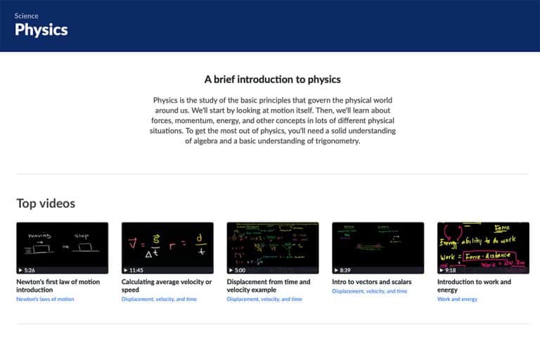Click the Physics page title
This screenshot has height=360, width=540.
pos(41,30)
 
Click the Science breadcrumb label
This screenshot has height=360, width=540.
pos(27,15)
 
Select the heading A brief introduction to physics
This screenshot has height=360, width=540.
pos(272,79)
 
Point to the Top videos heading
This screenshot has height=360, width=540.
pos(46,204)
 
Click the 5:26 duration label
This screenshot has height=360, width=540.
pos(29,270)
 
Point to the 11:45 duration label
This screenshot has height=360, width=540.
pos(136,270)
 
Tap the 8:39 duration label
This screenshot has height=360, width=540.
pos(345,270)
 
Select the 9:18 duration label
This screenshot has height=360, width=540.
pos(450,270)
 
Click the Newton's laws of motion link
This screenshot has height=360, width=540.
pos(45,300)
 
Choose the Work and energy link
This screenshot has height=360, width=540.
pos(457,300)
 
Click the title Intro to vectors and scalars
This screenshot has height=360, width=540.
pos(372,282)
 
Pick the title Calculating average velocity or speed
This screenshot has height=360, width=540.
pos(167,285)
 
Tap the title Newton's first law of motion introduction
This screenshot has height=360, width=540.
pos(58,285)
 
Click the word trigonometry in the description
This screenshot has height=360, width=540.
pos(334,141)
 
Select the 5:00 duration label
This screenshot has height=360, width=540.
pos(240,270)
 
